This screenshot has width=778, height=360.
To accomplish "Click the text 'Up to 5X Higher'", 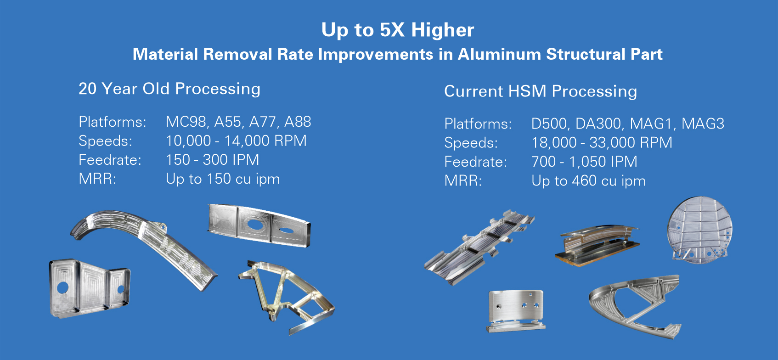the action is [397, 30].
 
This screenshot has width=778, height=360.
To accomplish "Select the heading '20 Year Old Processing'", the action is [169, 89].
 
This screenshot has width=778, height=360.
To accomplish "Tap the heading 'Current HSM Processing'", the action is [541, 91].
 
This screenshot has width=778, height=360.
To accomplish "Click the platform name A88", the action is [298, 122].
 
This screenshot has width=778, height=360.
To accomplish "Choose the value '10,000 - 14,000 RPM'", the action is [236, 141].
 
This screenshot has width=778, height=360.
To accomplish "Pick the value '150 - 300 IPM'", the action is [212, 160].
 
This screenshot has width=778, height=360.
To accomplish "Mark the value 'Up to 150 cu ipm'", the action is [223, 179].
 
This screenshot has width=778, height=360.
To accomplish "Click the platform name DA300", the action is [598, 124].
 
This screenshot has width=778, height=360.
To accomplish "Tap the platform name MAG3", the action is [703, 124].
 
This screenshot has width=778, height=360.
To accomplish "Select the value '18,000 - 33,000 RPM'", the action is [602, 143].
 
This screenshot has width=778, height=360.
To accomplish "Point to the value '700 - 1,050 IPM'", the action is [584, 162].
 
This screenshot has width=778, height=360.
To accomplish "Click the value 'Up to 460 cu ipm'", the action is [588, 181].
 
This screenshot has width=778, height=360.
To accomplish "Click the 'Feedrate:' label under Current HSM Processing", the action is [475, 162].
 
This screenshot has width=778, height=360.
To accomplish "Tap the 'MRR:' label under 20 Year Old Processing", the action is [98, 179].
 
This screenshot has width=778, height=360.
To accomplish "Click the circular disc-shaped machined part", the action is [699, 229].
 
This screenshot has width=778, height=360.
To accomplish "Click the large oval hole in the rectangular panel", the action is [255, 225].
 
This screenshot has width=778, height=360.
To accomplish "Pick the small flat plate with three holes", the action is [516, 311].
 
